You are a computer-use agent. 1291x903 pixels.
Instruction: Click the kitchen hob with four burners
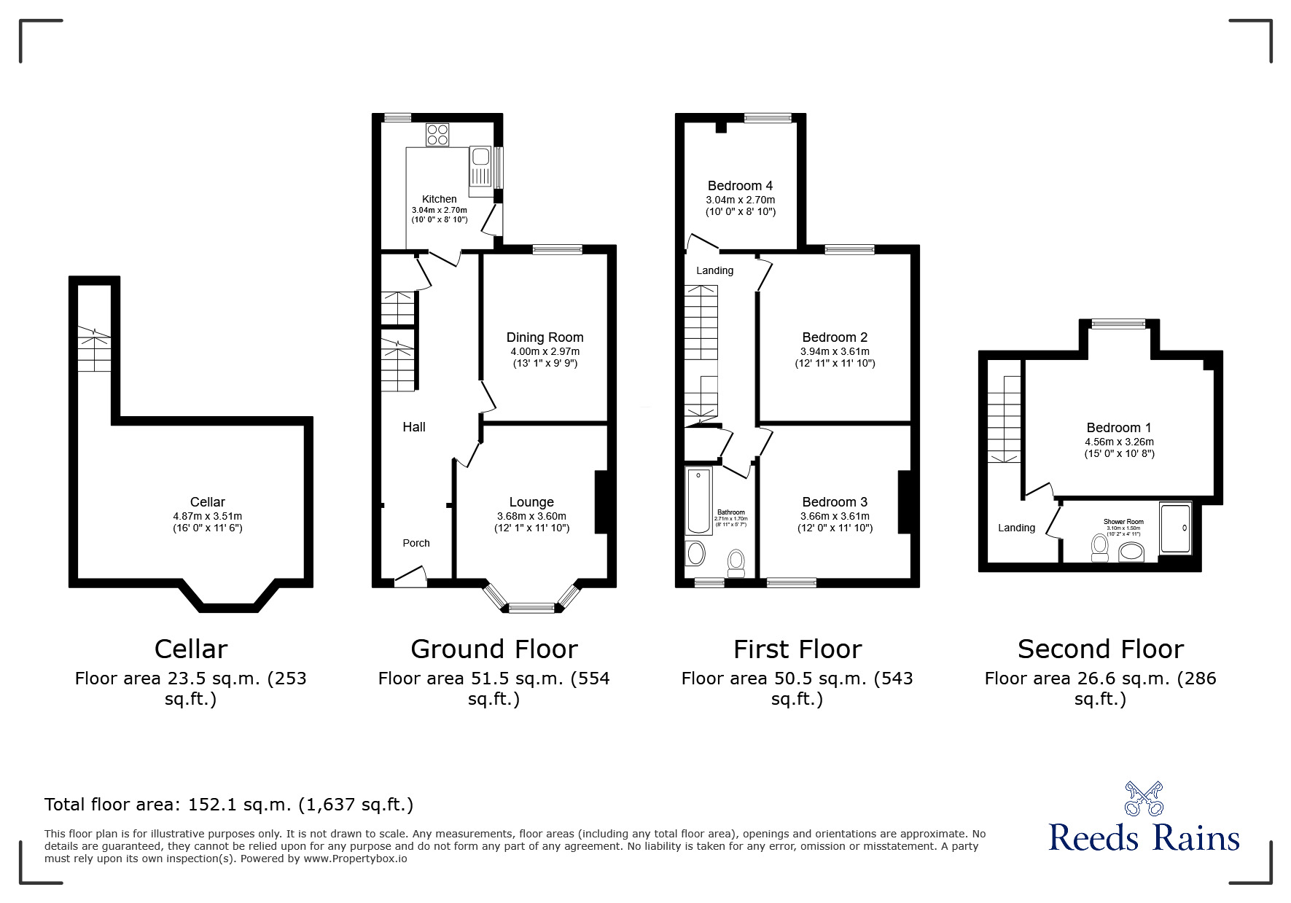point(438,134)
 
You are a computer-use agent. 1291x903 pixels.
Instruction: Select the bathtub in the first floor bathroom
point(699,501)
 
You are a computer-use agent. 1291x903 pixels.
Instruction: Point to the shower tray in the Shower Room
point(1175,527)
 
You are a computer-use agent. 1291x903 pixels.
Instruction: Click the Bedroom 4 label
point(740,186)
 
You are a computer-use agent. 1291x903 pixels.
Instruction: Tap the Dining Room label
point(545,337)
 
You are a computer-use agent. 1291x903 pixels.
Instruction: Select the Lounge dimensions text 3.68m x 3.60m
point(531,516)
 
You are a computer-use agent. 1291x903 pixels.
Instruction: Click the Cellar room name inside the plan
point(207,502)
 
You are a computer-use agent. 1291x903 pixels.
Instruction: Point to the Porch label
point(416,543)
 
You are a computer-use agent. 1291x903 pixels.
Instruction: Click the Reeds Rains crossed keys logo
point(1144,799)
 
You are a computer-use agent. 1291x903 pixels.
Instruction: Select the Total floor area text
point(229,805)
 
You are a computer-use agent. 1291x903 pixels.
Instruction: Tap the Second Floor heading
point(1100,649)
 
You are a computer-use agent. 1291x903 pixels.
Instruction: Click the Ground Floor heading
point(494,649)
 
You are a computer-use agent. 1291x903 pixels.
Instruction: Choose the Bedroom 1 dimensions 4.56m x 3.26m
point(1119,442)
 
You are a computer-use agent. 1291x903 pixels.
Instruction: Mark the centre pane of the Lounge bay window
point(531,606)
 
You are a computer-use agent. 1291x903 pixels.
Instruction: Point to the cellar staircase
point(94,349)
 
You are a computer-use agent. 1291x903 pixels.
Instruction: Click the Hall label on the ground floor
point(414,427)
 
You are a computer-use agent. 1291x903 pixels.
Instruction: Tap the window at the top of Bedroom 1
point(1118,324)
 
